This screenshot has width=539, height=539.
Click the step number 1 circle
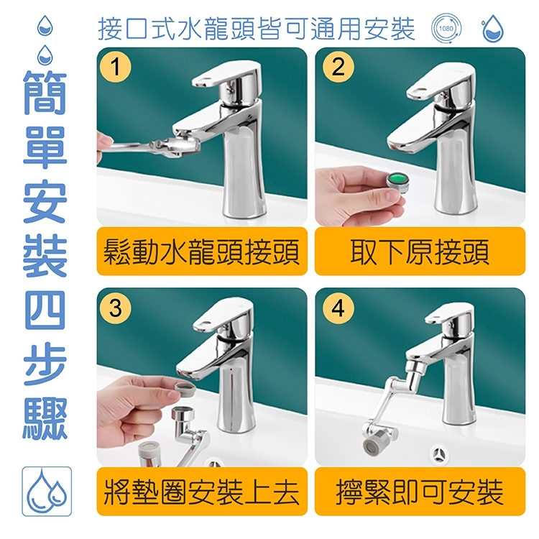116,66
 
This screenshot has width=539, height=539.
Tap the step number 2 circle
338,66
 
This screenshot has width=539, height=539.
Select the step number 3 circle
116,308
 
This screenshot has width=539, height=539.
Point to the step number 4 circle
338,308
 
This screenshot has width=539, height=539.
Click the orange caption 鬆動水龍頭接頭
202,252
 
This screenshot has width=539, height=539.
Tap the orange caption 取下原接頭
420,252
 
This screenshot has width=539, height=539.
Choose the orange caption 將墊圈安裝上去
202,492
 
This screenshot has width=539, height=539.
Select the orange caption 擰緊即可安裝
420,492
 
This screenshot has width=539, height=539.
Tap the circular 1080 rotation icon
446,28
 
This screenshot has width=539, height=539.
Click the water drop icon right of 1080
492,28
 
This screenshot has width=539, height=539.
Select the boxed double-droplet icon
47,492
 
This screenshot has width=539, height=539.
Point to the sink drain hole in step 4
439,454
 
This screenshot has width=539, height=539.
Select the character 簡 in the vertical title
45,93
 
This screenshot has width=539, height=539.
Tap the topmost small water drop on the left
45,25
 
